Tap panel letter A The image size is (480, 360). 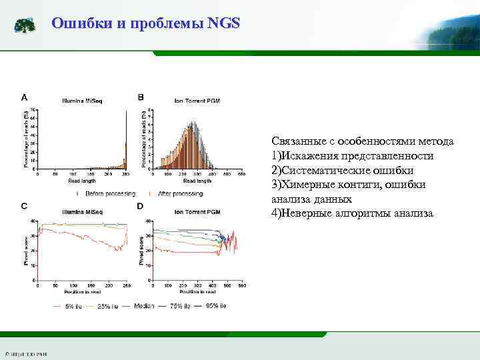pos(25,97)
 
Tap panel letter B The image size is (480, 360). pos(141,97)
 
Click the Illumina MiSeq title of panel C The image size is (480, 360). pos(82,210)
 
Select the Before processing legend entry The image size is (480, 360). pos(107,193)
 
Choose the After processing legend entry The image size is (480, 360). pos(179,193)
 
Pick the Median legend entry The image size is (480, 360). pos(143,306)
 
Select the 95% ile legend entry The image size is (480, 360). pos(215,305)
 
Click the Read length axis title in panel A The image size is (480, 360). pos(82,181)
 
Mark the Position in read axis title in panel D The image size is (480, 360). pos(197,292)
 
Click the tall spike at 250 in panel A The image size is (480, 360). pos(126,140)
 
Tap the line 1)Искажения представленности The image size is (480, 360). pos(352,155)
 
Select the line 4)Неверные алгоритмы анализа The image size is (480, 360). pos(352,213)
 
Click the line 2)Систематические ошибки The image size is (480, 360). pos(343,170)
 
